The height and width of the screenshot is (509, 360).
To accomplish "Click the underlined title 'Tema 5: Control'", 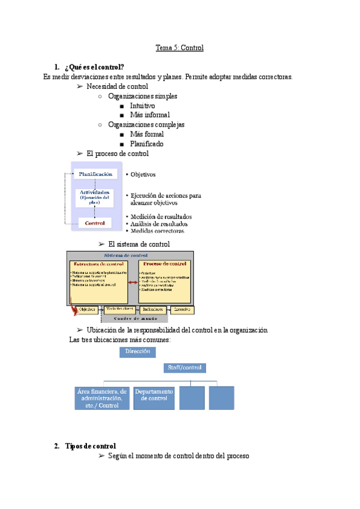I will pos(179,47).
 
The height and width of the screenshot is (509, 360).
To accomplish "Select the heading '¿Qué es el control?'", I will pos(96,67).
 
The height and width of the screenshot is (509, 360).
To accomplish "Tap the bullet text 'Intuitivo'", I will pos(142,106).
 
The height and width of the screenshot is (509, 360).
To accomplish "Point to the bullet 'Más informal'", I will pos(149,115).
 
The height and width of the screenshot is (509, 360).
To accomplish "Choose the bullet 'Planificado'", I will pos(146,144).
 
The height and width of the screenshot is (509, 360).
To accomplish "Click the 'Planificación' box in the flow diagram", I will pos(96,174).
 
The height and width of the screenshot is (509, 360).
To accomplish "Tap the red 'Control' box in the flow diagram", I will pos(95,223).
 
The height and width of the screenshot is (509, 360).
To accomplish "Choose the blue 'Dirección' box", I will pos(138,352).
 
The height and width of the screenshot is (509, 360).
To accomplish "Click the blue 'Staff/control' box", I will pos(185,367).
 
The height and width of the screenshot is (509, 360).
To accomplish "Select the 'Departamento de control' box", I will pos(154,397).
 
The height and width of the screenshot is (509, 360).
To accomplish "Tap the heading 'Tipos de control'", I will pos(89,446).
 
